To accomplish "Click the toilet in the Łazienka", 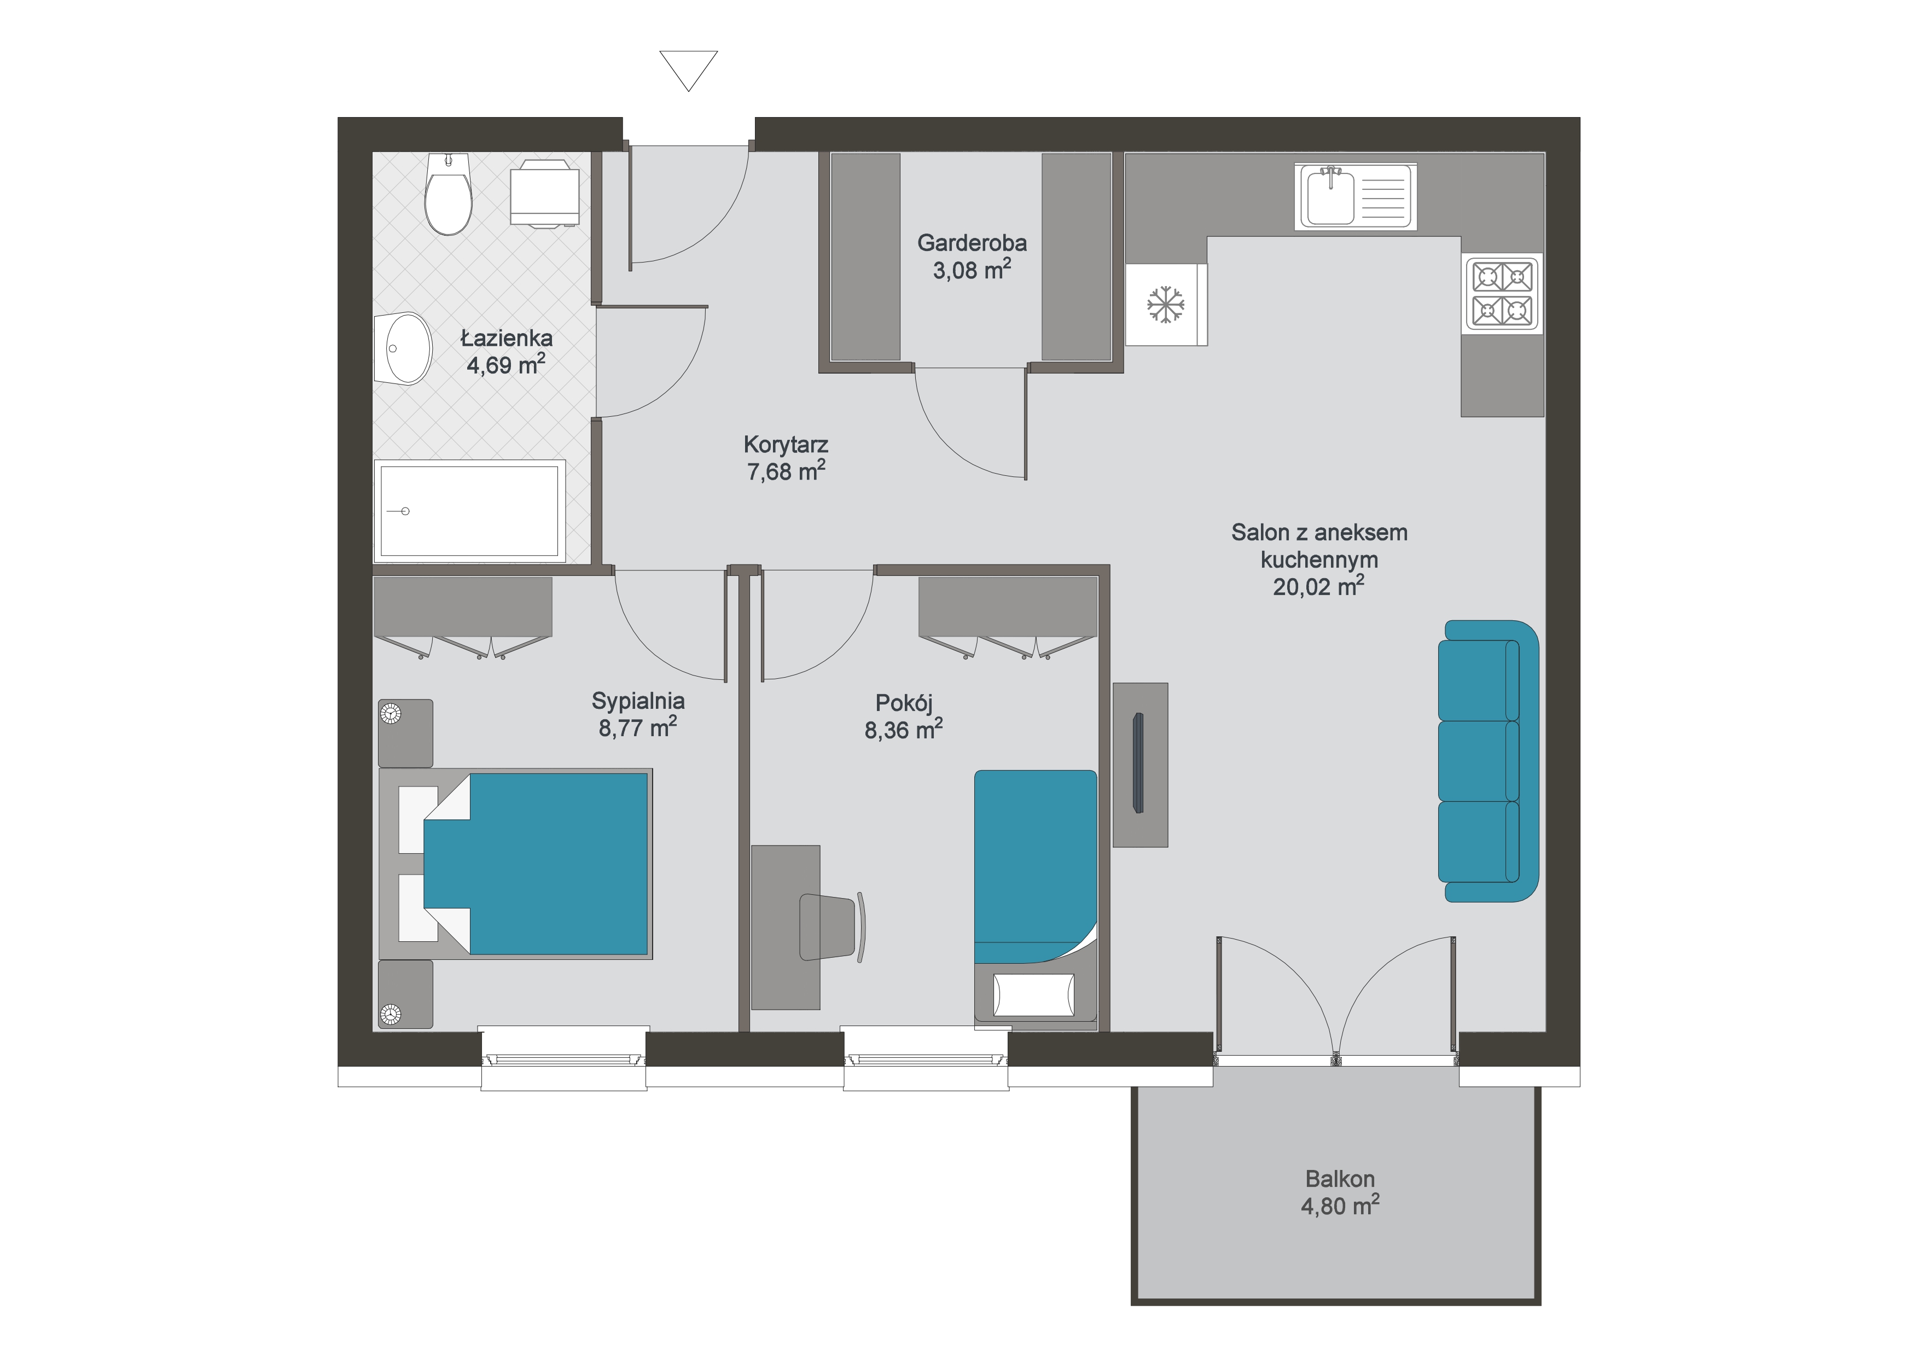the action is click(x=448, y=194).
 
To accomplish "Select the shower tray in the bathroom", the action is click(x=470, y=510).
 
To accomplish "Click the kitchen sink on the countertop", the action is click(x=1356, y=195).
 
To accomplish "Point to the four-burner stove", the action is click(x=1503, y=293).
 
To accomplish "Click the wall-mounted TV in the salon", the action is click(x=1137, y=762).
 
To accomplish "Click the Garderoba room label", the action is click(x=972, y=243).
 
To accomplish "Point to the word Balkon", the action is click(x=1340, y=1179).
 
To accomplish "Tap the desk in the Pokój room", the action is click(x=786, y=928).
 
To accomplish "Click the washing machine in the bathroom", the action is click(x=545, y=194).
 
